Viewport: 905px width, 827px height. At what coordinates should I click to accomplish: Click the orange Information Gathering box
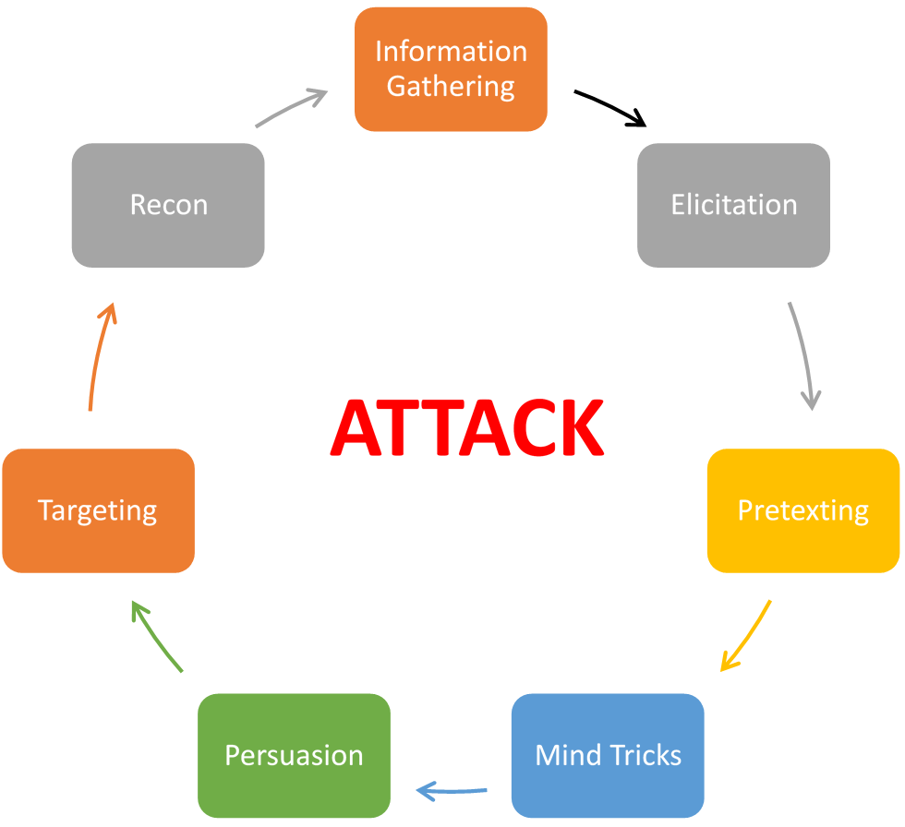coord(451,69)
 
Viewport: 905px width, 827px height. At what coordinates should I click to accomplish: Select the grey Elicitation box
coord(733,205)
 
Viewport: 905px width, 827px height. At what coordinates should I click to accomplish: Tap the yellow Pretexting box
coord(802,510)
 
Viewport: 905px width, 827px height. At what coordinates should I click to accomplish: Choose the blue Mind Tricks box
coord(608,755)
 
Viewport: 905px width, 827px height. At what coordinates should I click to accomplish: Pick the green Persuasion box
coord(294,755)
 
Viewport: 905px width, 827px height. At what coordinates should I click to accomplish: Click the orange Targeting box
coord(98,510)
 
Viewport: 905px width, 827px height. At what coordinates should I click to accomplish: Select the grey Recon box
coord(168,205)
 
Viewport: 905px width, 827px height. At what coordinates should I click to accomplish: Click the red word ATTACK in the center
coord(467,429)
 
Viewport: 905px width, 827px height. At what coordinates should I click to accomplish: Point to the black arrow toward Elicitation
coord(610,107)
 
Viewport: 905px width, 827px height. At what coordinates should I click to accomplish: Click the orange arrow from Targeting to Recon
coord(99,355)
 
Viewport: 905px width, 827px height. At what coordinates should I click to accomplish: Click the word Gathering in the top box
coord(451,86)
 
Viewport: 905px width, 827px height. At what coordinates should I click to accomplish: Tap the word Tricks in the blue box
coord(642,755)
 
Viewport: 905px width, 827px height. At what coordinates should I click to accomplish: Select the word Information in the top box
coord(451,51)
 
